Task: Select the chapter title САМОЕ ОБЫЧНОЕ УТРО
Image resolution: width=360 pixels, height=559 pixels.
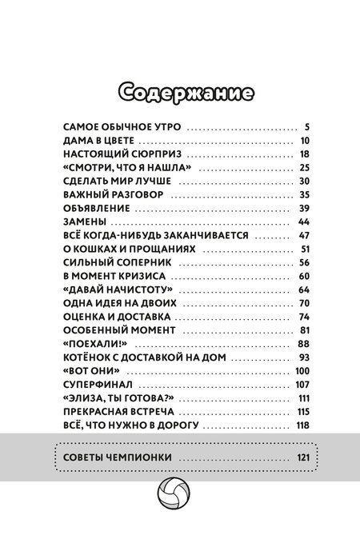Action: click(122, 126)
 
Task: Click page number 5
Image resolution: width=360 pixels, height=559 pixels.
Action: click(306, 126)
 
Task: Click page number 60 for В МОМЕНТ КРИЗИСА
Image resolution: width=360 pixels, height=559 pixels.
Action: click(302, 275)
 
